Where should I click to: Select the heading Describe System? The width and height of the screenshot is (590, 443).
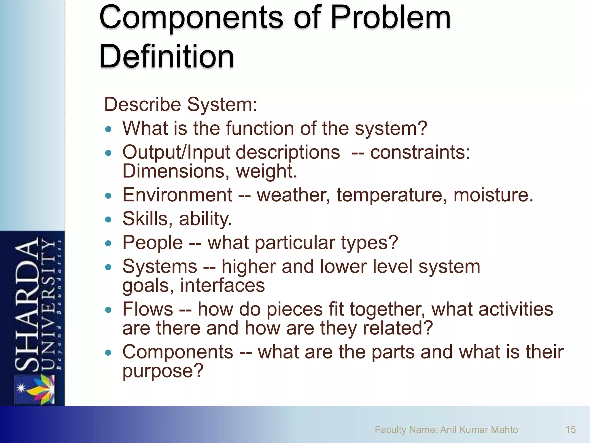coord(181,104)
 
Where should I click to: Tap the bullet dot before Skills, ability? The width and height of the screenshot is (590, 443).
coord(108,219)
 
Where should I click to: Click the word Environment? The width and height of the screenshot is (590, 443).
coord(177,195)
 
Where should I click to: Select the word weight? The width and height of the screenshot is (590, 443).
coord(266,171)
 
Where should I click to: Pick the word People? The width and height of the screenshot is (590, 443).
coord(153,243)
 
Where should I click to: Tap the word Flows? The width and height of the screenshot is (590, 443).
coord(147,309)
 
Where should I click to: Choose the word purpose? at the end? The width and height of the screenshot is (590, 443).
coord(163,371)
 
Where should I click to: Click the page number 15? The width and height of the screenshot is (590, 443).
coord(570,429)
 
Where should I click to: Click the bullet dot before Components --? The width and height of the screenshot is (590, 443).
coord(108,352)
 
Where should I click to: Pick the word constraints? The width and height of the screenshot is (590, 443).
coord(420,152)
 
